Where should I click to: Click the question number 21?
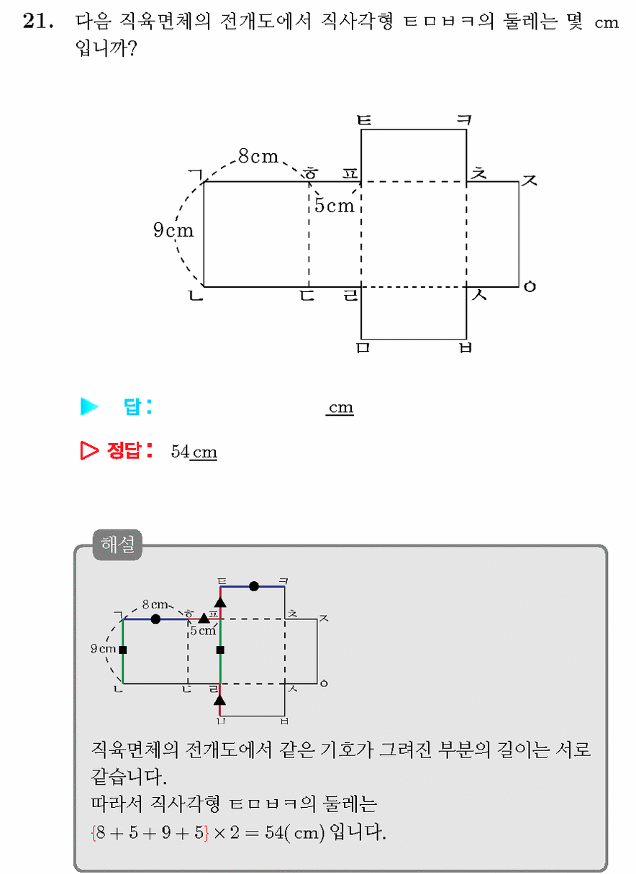click(x=37, y=21)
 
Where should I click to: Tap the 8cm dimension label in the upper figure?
click(x=258, y=156)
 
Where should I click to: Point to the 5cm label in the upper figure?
click(x=335, y=205)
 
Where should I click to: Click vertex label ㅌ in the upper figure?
click(x=365, y=119)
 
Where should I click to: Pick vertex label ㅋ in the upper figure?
click(x=464, y=119)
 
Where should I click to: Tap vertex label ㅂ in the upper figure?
click(x=465, y=347)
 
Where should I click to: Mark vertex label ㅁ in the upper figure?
click(x=363, y=347)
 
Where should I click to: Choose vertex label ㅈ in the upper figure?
click(x=530, y=180)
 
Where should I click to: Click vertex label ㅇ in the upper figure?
click(x=530, y=287)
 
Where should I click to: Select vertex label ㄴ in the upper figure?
click(x=196, y=296)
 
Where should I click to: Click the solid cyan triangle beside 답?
click(x=89, y=406)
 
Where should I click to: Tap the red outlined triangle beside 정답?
click(x=89, y=450)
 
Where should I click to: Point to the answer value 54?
click(x=181, y=452)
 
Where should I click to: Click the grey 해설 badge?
click(x=117, y=545)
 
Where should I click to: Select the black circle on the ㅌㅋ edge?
click(x=254, y=586)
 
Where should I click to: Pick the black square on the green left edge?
click(x=123, y=650)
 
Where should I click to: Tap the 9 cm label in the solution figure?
click(x=104, y=648)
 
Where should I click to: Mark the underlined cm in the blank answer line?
click(x=340, y=407)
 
